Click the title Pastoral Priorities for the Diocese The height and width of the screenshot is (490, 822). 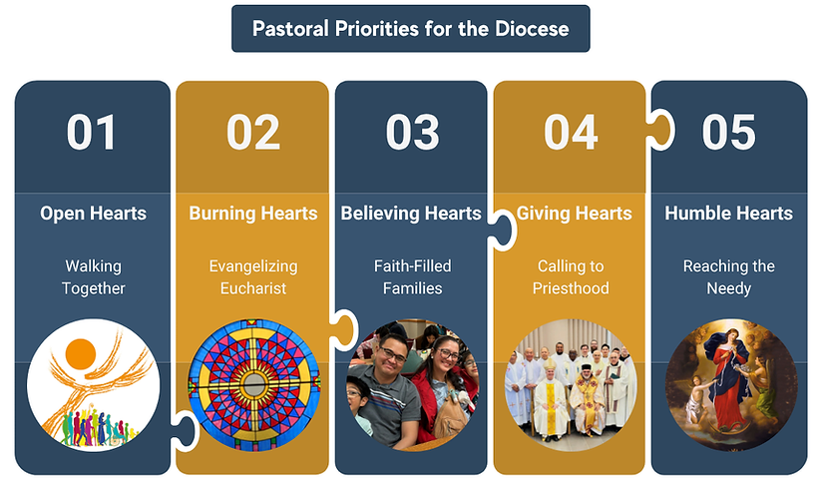point(410,28)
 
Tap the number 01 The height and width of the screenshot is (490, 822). point(92,133)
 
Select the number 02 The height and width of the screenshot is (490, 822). point(252,133)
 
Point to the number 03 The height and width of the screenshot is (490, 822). point(412,133)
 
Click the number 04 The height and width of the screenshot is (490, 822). point(571,133)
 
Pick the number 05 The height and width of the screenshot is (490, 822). point(729,133)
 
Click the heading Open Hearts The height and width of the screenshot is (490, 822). point(93,214)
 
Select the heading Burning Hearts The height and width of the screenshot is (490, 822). point(253,214)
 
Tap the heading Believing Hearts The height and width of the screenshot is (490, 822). point(411,214)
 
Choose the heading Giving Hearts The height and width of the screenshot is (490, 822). point(574,214)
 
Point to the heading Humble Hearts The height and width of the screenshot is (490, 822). point(729,214)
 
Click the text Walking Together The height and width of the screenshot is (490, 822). point(93,277)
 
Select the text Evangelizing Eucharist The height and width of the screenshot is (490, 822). point(253,277)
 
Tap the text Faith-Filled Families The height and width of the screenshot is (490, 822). point(412,277)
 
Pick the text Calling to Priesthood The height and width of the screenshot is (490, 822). point(573,277)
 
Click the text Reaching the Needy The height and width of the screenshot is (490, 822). point(729,277)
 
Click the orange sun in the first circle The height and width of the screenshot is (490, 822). point(80,353)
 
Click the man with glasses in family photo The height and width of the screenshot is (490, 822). point(388,384)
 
